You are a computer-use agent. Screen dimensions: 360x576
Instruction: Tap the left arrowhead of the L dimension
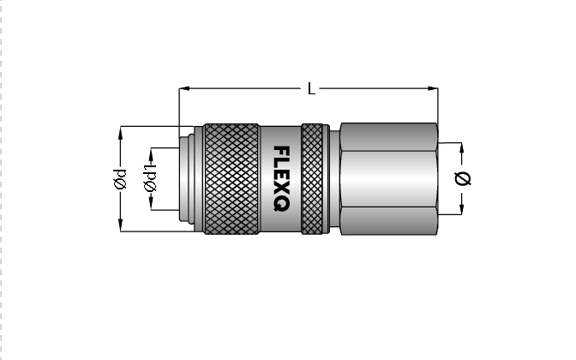[x=183, y=88]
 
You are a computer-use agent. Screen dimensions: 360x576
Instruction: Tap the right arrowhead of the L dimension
[x=433, y=88]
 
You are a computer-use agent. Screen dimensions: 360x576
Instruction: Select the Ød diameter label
[x=121, y=179]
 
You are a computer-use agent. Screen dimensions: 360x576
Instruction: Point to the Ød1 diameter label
[x=151, y=179]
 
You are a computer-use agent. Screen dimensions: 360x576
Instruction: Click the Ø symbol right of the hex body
[x=463, y=179]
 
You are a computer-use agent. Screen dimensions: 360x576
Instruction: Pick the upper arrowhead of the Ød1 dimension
[x=151, y=153]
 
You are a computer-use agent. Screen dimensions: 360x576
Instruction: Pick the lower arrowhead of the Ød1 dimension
[x=151, y=205]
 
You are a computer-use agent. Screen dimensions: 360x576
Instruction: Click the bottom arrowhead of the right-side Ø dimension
[x=463, y=210]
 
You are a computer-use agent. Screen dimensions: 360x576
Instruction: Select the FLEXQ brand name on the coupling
[x=280, y=179]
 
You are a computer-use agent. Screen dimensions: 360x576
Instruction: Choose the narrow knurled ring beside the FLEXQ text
[x=313, y=179]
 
